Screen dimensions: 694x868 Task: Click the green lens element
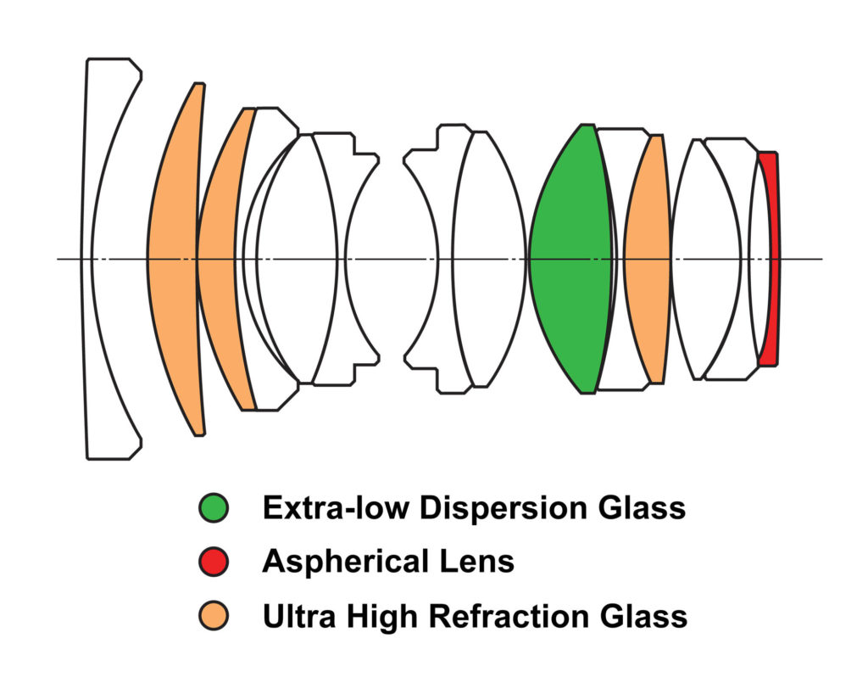click(570, 259)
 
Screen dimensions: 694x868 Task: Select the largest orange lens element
click(175, 259)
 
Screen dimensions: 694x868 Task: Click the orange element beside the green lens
click(648, 259)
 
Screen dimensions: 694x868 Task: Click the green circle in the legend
click(214, 508)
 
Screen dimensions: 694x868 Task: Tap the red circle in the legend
click(214, 561)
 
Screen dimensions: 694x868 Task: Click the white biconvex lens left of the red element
click(705, 259)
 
